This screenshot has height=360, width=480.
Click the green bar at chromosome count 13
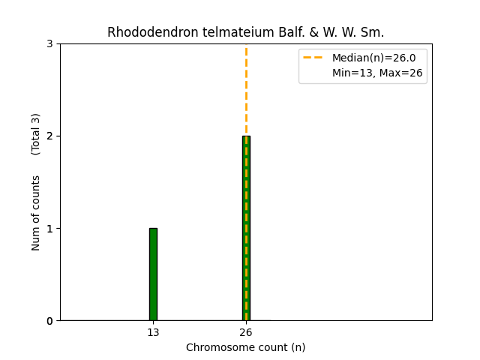(x=153, y=274)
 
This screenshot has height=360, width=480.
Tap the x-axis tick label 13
(x=153, y=332)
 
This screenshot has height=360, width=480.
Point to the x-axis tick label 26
(x=246, y=332)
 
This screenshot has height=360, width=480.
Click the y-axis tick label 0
(x=49, y=321)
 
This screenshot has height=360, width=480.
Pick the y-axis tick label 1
(x=49, y=229)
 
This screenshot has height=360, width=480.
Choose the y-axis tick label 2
(x=49, y=136)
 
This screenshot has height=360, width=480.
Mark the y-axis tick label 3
(x=49, y=43)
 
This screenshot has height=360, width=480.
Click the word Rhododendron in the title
(x=142, y=32)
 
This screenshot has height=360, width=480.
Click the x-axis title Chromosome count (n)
(x=246, y=347)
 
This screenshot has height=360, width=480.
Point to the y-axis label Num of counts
(x=36, y=213)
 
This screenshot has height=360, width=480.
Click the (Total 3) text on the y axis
(x=36, y=133)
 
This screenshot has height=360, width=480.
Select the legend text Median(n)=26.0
(x=373, y=58)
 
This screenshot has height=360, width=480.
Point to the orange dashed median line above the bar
(x=246, y=90)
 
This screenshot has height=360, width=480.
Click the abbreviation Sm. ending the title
(x=373, y=32)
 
